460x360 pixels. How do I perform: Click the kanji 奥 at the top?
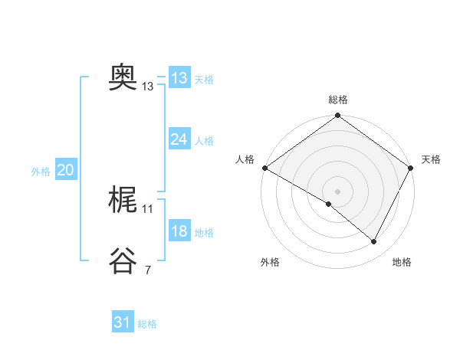tap(123, 77)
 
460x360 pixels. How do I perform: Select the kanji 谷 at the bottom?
tap(123, 260)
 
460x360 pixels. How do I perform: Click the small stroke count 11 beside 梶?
tap(148, 208)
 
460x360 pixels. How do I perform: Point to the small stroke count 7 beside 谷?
tap(147, 270)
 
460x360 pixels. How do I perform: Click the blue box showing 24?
tap(179, 139)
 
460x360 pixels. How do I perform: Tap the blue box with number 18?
tap(179, 231)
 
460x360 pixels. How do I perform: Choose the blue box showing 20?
tap(65, 170)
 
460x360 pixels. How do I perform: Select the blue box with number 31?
tap(123, 322)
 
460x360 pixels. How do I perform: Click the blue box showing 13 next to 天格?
tap(179, 77)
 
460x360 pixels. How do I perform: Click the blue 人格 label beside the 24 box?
tap(204, 141)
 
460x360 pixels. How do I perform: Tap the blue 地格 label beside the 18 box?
tap(204, 233)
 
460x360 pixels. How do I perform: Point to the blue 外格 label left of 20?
tap(41, 172)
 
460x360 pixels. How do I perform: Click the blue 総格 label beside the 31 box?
tap(147, 324)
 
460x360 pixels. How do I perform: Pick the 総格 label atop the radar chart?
tap(338, 100)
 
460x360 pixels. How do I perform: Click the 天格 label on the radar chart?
tap(431, 159)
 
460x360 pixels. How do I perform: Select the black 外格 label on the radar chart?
tap(270, 262)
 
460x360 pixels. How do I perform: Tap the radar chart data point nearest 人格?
tap(264, 168)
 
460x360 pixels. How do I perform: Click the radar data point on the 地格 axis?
tap(374, 241)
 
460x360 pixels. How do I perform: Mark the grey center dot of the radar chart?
tap(337, 191)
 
